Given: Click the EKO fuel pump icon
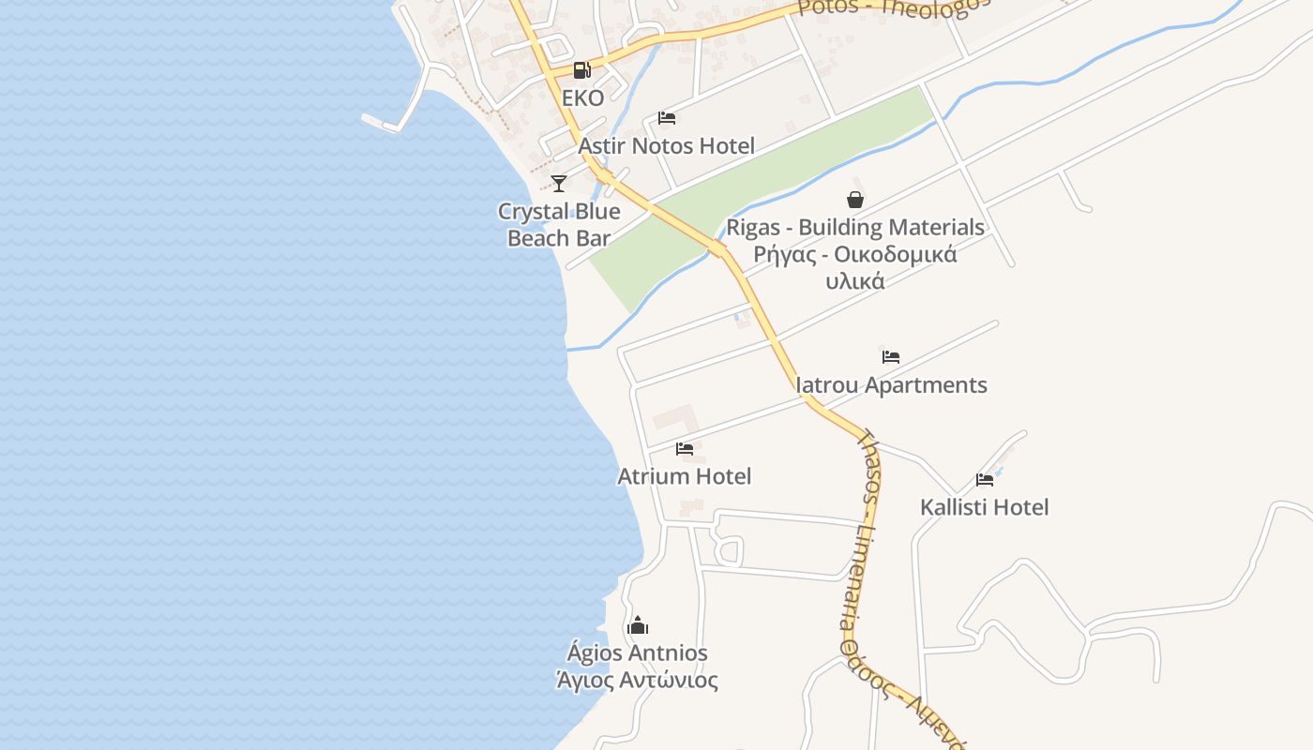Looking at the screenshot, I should pos(581,69).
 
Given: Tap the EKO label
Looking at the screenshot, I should pos(582,97).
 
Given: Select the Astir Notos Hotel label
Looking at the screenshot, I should pos(666,146).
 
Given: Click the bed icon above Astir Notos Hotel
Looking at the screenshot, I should pos(667,118).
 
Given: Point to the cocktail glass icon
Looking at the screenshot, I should pos(559,183).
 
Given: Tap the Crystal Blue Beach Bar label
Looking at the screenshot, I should pos(559,225).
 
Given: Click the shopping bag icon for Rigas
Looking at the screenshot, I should pos(855,200).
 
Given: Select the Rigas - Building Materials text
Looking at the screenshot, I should pos(855,228).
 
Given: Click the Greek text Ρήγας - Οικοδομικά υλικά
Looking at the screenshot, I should pos(855,267).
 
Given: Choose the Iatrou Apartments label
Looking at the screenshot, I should pos(891,385).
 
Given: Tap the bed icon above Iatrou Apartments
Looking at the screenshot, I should pos(891,357).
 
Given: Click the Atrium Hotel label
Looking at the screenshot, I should pos(685,476).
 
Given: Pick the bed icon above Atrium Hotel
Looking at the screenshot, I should pos(685,449).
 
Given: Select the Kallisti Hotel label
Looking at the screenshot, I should pos(985,507).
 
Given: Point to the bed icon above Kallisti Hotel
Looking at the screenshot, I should pos(985,480).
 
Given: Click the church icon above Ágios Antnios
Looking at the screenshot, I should pos(638,625).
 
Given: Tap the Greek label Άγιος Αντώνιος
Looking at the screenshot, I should pos(638,681).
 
